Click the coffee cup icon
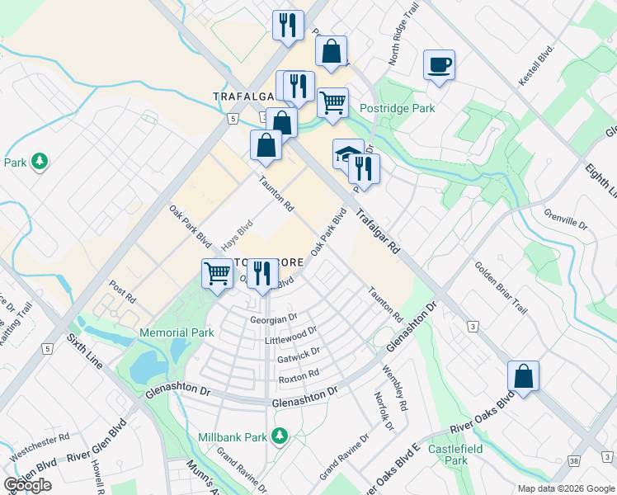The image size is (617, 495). [x=439, y=64]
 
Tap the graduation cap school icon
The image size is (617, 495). [x=346, y=153]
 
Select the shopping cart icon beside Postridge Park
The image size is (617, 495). [x=332, y=103]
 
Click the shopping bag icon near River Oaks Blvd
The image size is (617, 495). [x=523, y=375]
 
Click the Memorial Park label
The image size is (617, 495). [x=177, y=332]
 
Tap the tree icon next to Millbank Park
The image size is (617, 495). [x=280, y=435]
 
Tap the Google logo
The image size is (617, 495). [x=27, y=485]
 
